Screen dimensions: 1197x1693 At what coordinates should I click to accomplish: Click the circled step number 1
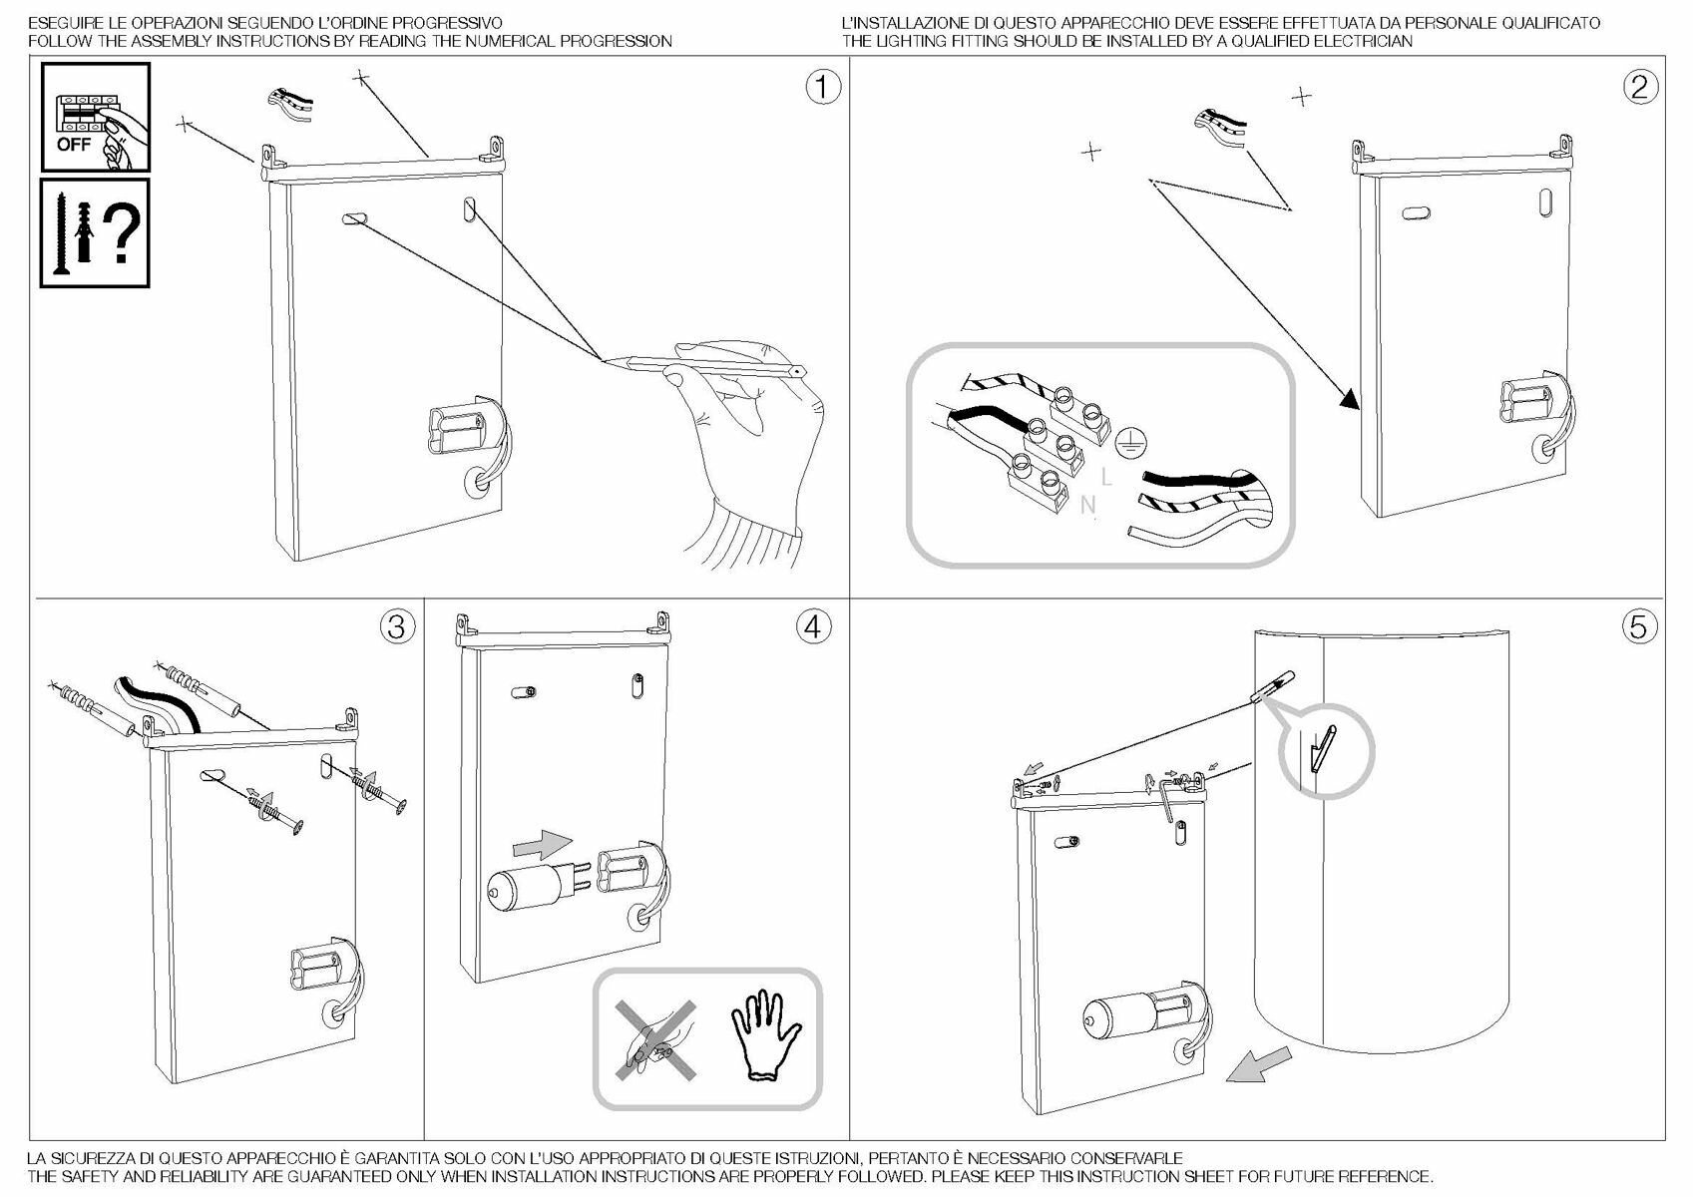point(822,88)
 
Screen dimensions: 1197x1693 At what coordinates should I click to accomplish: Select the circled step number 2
point(1639,88)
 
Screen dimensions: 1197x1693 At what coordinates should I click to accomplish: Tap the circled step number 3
point(397,626)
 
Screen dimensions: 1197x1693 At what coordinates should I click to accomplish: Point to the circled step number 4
point(813,626)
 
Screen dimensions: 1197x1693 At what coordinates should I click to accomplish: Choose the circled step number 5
point(1639,626)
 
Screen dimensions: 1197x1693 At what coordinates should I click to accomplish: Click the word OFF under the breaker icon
point(74,145)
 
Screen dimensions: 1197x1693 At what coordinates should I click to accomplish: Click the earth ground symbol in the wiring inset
point(1128,440)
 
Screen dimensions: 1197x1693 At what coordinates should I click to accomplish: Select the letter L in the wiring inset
point(1105,478)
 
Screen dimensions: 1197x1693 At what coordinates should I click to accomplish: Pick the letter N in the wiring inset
point(1087,506)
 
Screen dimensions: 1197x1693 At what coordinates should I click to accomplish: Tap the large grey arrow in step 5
point(1257,1065)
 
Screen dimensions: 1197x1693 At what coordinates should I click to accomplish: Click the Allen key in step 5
point(1168,798)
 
